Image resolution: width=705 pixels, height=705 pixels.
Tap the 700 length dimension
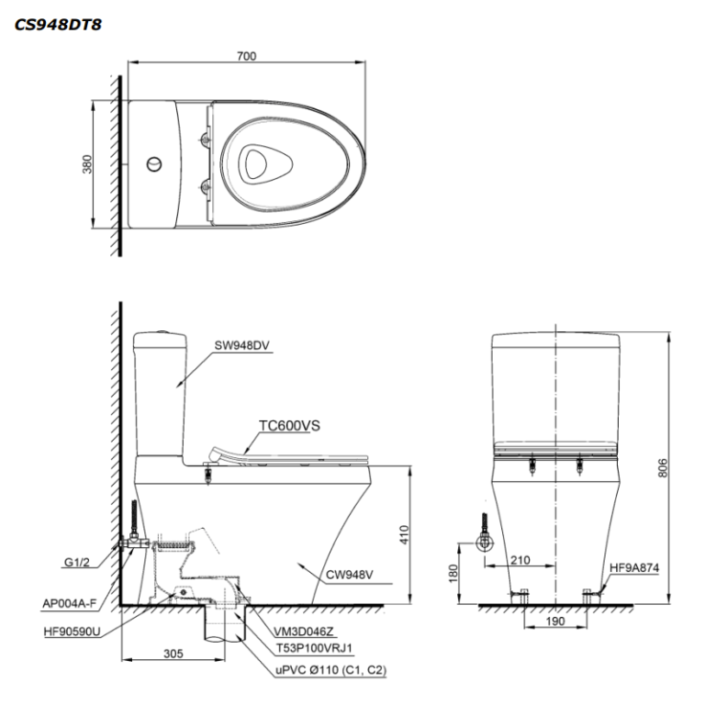coord(246,56)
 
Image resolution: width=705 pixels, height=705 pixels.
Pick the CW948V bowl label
coord(351,576)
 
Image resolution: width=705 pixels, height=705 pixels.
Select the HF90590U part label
coord(71,631)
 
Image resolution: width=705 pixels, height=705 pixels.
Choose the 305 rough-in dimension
coord(173,655)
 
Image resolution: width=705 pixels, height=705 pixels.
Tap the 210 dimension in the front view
coord(519,559)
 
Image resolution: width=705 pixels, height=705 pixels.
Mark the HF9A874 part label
coord(634,567)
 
